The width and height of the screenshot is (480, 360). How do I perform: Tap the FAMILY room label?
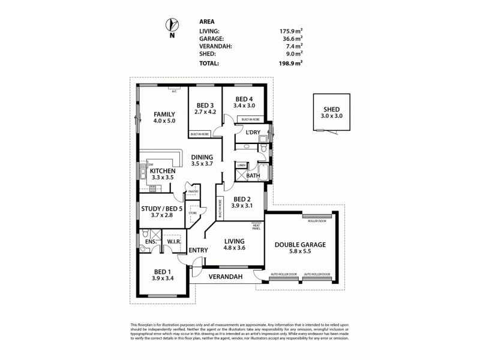coord(164,114)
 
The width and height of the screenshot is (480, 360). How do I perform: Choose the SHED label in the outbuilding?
coord(332,110)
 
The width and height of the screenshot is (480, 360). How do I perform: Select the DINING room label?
coord(202,157)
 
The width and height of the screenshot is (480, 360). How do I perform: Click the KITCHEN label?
coord(162,171)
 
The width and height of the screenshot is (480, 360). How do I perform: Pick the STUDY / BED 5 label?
coord(161,209)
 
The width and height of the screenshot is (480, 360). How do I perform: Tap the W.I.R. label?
coord(174,242)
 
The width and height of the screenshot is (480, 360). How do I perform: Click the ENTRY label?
coord(198,250)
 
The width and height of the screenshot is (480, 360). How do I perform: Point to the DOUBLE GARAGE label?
coord(300,245)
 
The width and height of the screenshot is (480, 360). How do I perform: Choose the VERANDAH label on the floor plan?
coord(225,277)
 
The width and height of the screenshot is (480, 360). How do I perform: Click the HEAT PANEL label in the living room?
coord(256,227)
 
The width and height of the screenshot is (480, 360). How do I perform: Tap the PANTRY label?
coord(193,191)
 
